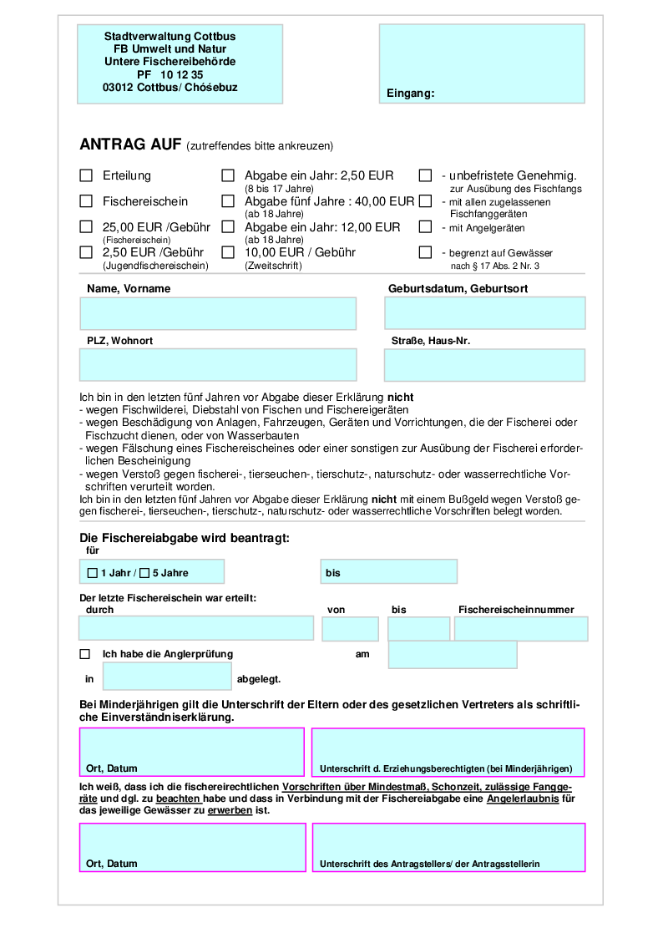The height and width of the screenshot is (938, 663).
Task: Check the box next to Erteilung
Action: [86, 175]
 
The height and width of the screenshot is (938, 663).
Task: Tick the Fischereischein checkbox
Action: [86, 201]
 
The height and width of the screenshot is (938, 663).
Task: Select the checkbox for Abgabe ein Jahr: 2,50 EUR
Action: [228, 175]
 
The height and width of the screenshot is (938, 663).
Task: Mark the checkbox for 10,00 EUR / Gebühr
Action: [228, 252]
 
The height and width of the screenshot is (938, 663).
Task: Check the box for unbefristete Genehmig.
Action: [425, 175]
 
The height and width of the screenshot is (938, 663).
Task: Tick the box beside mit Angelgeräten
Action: [425, 227]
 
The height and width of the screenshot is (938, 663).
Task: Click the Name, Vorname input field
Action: [218, 313]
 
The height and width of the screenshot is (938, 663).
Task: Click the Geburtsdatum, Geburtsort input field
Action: [484, 313]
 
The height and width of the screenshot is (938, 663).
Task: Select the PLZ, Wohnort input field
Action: [218, 365]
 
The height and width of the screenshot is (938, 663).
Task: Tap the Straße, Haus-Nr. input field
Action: [484, 365]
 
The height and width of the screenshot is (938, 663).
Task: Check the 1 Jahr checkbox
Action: [93, 573]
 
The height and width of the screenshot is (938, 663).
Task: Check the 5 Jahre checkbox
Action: [144, 573]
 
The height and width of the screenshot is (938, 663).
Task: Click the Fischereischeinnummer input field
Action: [521, 629]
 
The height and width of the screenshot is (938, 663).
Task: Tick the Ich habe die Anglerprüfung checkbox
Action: [85, 654]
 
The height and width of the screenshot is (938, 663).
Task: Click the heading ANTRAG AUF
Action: [130, 145]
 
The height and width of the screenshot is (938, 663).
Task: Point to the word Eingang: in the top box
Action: [411, 94]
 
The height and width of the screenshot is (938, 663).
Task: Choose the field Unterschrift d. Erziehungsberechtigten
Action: [448, 752]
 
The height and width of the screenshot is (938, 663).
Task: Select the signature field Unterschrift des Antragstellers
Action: [448, 847]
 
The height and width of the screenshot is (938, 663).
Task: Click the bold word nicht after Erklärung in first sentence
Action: [400, 397]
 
